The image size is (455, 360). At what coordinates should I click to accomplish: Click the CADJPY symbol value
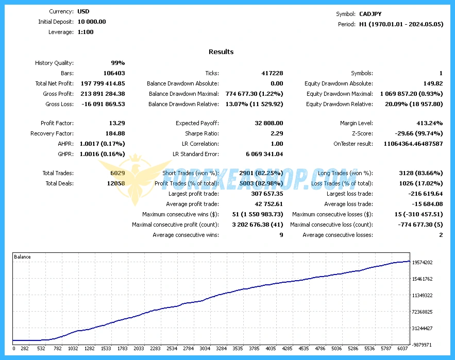pos(370,14)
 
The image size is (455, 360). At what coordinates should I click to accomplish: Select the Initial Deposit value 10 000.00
pos(92,22)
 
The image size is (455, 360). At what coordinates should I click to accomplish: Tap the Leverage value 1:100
pos(86,32)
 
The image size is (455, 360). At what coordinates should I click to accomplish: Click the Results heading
pos(221,52)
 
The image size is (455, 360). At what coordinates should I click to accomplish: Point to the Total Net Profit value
pos(103,83)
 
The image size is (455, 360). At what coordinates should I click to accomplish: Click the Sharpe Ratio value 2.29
pos(276,133)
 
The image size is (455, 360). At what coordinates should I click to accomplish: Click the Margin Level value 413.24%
pos(429,123)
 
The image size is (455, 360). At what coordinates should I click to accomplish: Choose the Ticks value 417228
pos(272,73)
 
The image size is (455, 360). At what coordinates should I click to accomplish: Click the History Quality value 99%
pos(118,63)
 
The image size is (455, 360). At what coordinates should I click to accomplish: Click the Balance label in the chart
pos(22,256)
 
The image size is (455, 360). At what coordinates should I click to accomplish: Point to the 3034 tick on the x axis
pos(205,349)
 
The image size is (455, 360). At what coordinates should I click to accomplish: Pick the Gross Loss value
pos(103,104)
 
